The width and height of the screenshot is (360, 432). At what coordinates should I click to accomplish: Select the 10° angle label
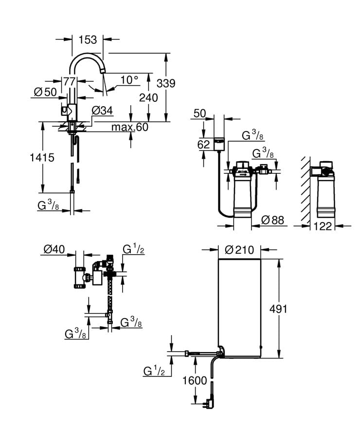(129, 80)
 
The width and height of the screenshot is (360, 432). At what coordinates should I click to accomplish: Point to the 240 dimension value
(148, 97)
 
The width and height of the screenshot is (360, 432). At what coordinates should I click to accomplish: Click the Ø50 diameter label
(44, 92)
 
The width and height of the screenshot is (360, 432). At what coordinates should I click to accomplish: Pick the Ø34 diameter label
(102, 111)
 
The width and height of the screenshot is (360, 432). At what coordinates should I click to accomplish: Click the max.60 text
(129, 127)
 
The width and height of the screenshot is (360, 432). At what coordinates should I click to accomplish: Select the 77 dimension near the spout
(69, 81)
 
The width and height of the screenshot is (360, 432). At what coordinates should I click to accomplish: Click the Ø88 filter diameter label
(272, 220)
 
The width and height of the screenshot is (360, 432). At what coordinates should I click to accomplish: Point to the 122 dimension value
(322, 225)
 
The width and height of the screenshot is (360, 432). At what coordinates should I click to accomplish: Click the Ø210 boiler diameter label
(240, 250)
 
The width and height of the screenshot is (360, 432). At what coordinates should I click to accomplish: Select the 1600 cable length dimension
(195, 380)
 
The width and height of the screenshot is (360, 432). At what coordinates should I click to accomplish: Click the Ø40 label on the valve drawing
(54, 249)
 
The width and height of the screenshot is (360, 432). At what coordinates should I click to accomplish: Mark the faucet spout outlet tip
(103, 72)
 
